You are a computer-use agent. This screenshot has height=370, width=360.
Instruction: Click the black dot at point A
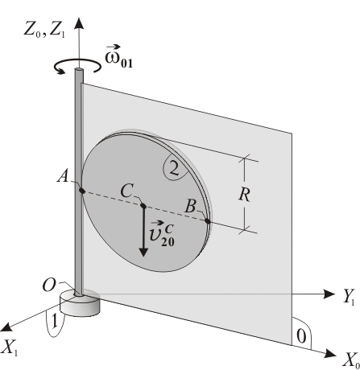pos(82,191)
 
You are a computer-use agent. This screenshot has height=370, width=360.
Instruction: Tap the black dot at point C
pos(143,206)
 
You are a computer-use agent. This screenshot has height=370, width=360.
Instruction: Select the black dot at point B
pos(208,221)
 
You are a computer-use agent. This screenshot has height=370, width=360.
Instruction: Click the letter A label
pos(63,177)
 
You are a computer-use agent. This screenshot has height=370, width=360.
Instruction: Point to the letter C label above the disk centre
pos(126,191)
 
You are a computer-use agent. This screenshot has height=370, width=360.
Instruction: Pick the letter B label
pos(190,207)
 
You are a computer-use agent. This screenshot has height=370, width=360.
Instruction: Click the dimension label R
pos(244,195)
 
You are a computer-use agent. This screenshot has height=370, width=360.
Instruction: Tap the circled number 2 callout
pos(174,169)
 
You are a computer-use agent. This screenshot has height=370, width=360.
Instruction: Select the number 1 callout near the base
pos(55,321)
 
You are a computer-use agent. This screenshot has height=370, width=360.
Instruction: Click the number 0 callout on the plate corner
pos(301,336)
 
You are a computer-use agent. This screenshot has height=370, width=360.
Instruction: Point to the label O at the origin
pos(49,286)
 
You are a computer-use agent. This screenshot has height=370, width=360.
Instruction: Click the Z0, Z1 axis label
pos(44,30)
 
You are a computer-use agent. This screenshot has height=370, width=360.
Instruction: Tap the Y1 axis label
pos(349,298)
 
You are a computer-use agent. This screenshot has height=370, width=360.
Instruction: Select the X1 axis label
pos(10,347)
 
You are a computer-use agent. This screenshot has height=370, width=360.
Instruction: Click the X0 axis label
pos(350,360)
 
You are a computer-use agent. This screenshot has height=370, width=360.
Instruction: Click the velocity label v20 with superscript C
pos(162,234)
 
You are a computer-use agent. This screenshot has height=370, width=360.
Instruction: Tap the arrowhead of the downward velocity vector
pos(143,253)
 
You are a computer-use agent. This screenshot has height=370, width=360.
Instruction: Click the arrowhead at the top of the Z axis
pos(79,23)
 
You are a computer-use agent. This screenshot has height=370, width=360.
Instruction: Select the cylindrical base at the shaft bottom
pos(80,302)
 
